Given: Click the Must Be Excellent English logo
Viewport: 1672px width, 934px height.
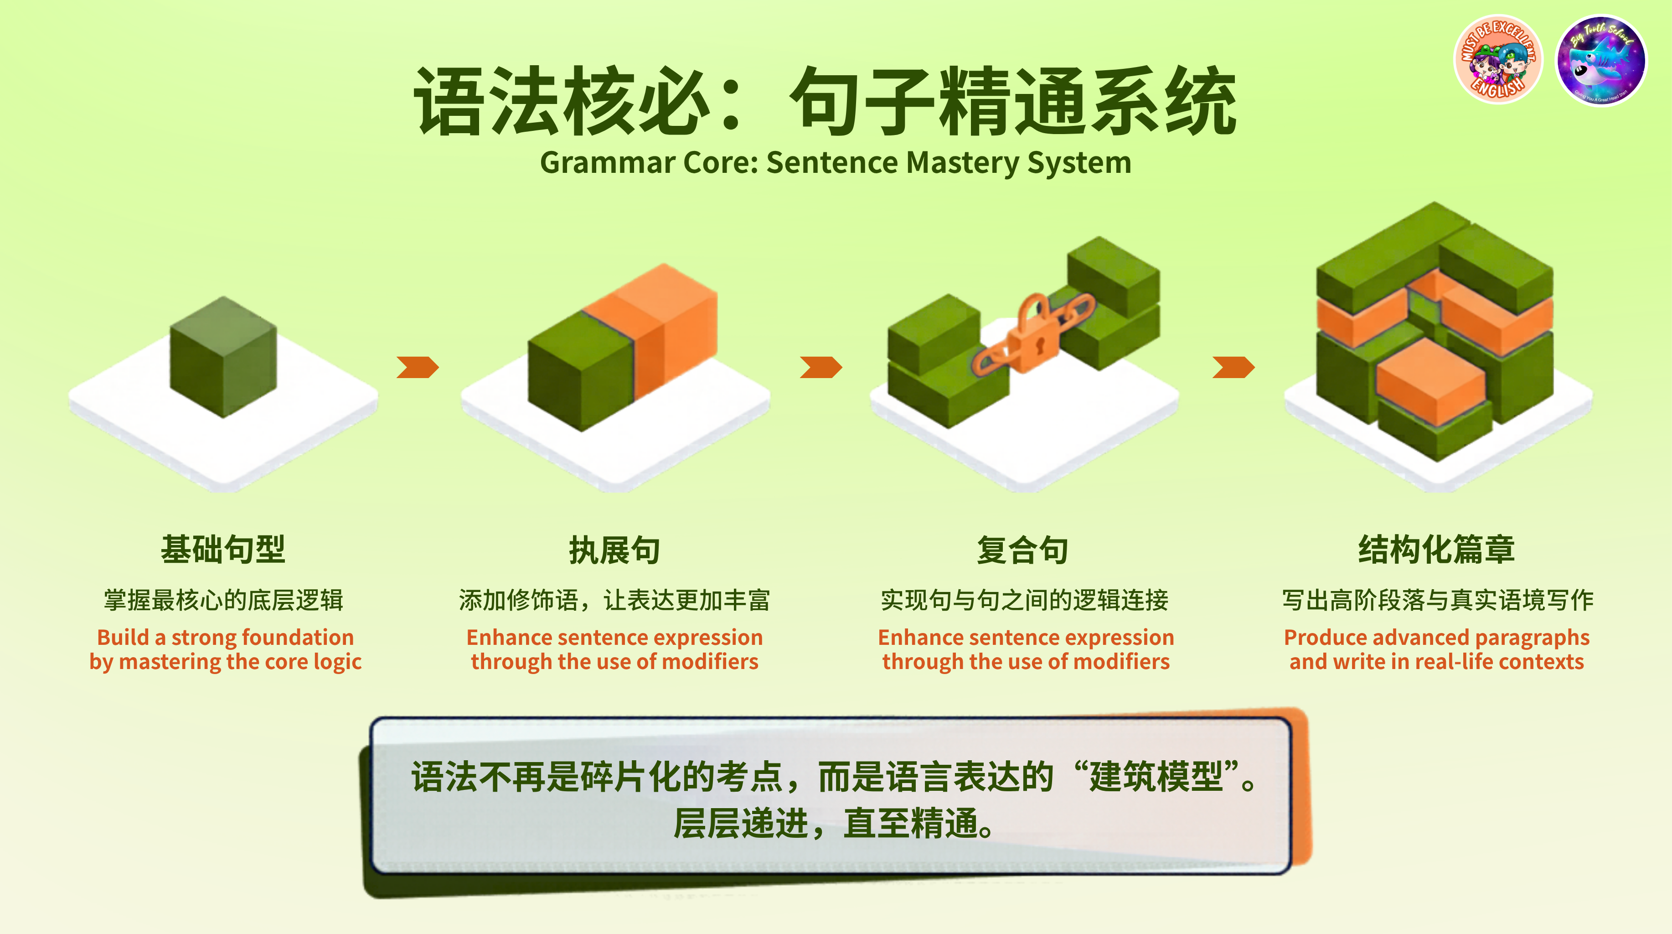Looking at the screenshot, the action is tap(1498, 60).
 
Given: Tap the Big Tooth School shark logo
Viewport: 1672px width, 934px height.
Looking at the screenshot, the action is tap(1601, 60).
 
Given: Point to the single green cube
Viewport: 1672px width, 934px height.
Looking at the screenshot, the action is tap(223, 357).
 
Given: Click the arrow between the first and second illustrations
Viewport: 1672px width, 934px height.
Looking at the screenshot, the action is tap(418, 367).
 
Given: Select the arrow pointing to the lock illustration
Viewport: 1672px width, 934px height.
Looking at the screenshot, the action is tap(821, 367).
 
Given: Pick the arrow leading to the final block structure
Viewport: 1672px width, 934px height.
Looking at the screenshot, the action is tap(1233, 367).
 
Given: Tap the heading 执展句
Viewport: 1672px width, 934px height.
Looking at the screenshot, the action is tap(614, 550).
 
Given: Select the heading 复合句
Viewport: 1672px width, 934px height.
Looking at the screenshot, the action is tap(1023, 550).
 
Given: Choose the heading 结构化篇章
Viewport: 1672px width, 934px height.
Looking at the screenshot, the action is tap(1436, 550).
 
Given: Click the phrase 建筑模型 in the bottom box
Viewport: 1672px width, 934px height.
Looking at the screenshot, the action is tap(1156, 776).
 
